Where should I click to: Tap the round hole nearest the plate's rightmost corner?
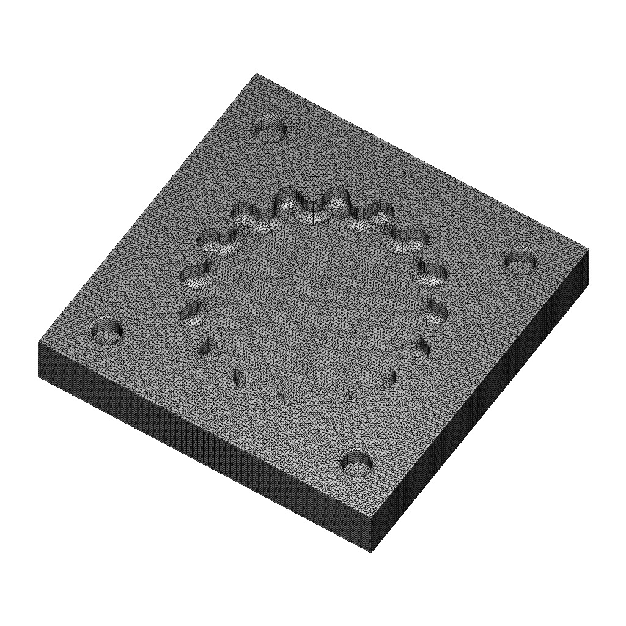click(x=521, y=262)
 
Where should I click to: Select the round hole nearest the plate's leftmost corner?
click(x=107, y=331)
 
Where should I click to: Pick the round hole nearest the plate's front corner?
click(x=358, y=463)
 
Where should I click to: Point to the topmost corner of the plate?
click(x=256, y=73)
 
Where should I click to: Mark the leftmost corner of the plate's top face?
click(x=38, y=342)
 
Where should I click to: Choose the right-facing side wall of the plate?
click(x=483, y=403)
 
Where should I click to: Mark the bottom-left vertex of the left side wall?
click(x=39, y=376)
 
